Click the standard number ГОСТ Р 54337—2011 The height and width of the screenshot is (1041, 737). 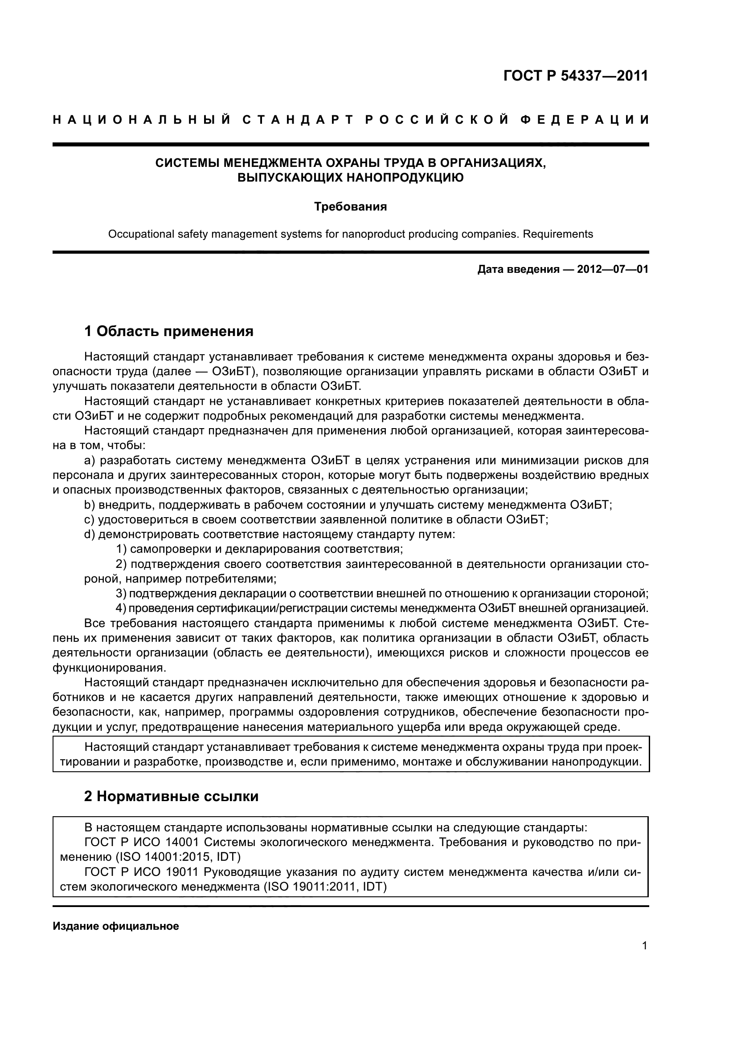[x=576, y=76]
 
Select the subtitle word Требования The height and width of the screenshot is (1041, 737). [x=351, y=207]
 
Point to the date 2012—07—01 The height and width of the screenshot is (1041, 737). [x=613, y=269]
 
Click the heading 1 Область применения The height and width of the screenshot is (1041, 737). [x=169, y=332]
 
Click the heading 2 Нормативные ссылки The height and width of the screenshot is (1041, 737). [x=171, y=796]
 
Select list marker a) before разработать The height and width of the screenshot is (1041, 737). [x=90, y=461]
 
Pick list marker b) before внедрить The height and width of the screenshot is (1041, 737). [x=90, y=505]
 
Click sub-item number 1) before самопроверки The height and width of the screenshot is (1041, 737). [x=121, y=550]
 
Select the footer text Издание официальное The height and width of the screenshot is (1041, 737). [x=116, y=926]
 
